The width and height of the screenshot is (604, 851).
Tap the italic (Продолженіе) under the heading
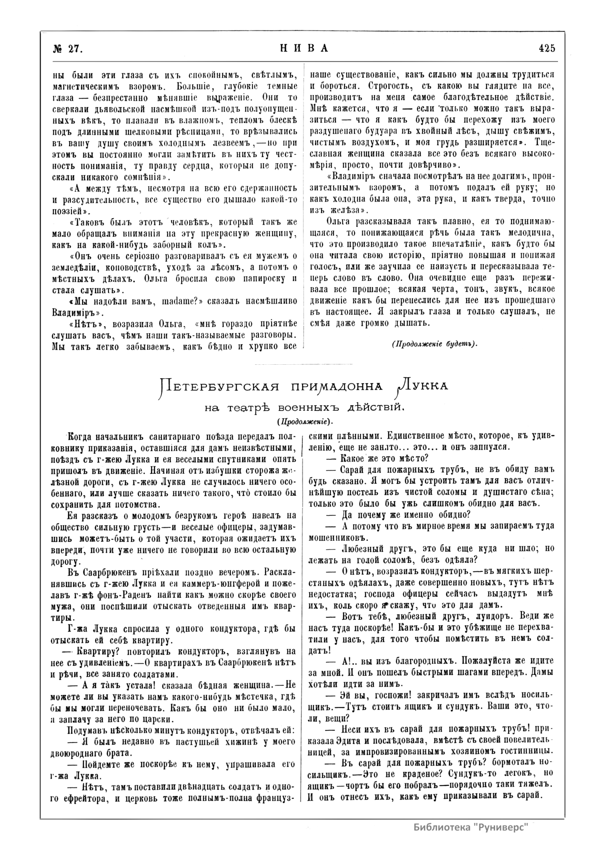(x=304, y=422)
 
